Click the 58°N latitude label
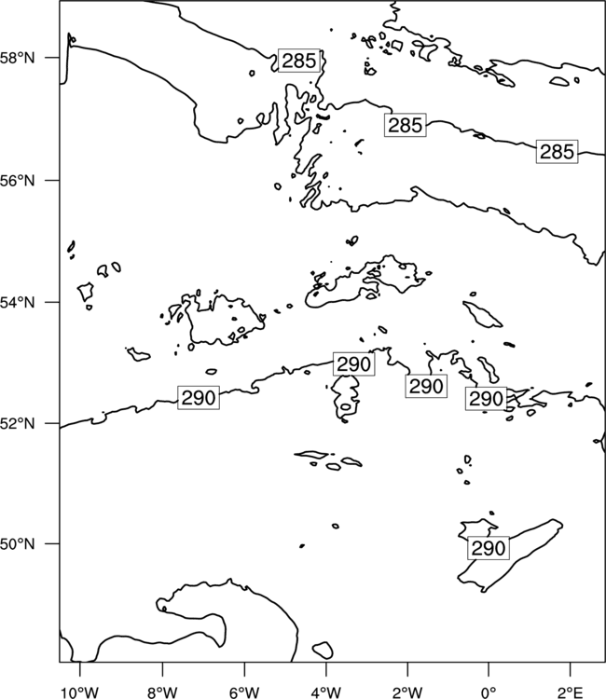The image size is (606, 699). coord(17,58)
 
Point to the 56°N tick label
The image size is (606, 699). coord(17,181)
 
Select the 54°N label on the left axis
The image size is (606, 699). coord(17,302)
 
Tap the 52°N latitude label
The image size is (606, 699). coord(17,423)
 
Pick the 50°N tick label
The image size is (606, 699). coord(17,544)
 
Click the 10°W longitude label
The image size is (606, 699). coord(80,692)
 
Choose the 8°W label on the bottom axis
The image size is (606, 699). coord(162,692)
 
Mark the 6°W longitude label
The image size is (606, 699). coord(244,692)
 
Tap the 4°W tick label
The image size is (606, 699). coord(326,692)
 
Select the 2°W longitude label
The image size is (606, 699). coord(407,692)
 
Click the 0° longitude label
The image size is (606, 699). coord(489,692)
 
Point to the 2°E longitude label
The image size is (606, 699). coord(571,692)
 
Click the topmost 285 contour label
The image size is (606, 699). coord(299,61)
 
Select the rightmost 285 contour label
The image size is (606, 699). coord(557,152)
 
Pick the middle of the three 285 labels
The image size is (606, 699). coord(405,125)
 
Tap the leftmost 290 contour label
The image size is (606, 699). coord(199,398)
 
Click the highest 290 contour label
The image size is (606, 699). coord(353,364)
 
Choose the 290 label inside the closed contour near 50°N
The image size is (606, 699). coord(489,548)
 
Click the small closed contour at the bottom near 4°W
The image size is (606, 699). coord(323,650)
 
